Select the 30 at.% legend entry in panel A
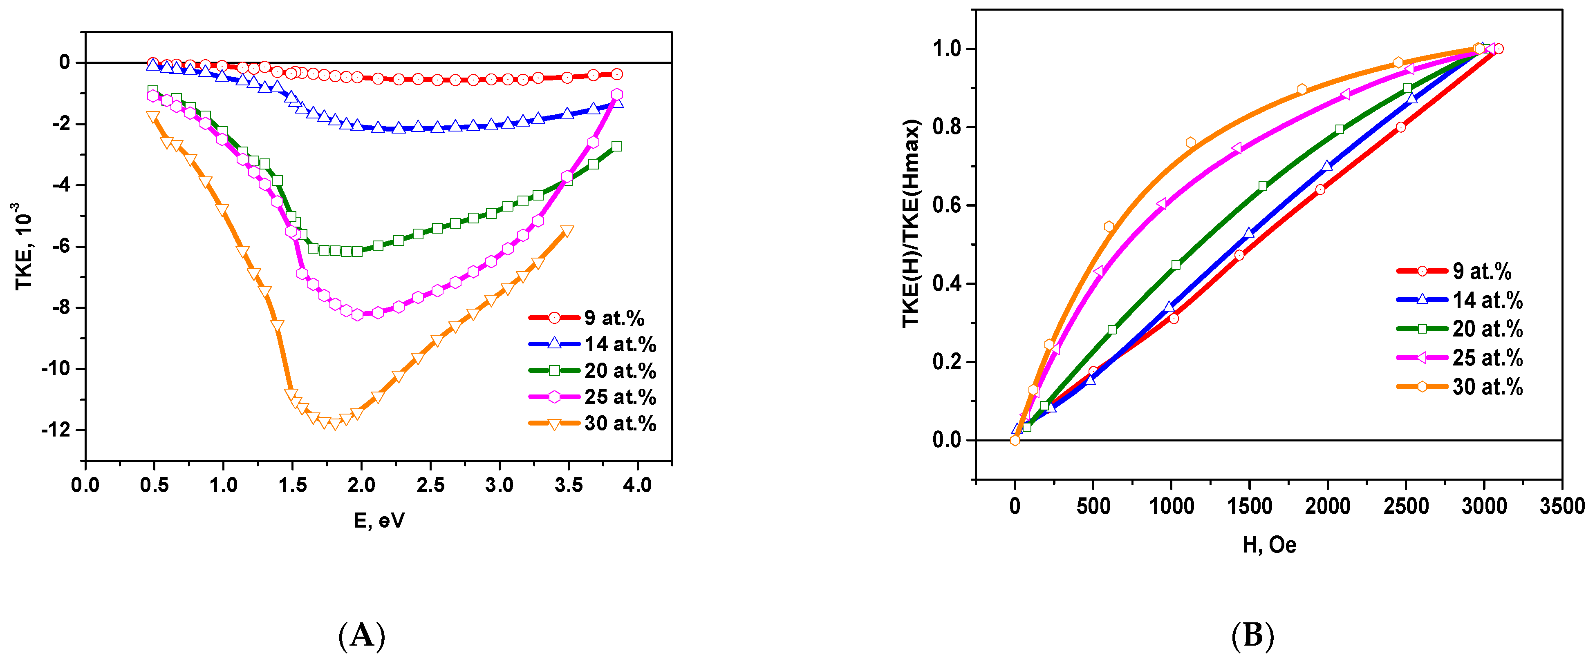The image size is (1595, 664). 591,423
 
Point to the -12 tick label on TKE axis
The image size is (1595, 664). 55,430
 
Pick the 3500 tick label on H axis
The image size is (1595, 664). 1561,507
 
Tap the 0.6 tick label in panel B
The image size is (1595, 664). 947,205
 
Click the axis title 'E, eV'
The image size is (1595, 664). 379,521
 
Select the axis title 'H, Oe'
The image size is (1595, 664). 1269,545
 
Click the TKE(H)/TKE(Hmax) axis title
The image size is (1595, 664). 911,223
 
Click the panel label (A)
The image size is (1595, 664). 362,635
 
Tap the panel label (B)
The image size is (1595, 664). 1252,635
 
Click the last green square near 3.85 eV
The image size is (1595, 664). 616,147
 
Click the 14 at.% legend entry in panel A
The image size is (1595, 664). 591,344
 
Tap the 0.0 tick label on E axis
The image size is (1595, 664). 85,485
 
